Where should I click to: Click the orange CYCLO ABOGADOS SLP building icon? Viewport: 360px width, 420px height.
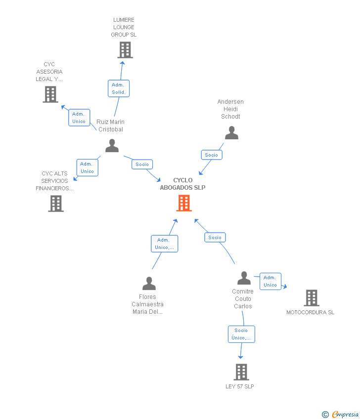point(184,203)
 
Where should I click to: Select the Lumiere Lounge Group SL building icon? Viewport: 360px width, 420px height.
point(125,50)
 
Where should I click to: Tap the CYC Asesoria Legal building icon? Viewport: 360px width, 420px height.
point(50,94)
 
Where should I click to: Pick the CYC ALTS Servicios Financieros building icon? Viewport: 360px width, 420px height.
point(56,204)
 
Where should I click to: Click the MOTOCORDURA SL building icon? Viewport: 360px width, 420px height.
point(312,298)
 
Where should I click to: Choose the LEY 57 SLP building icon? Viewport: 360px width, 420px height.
point(241,372)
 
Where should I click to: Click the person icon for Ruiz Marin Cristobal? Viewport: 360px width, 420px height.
point(112,145)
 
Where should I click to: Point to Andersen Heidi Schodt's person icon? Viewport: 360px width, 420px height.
point(231,133)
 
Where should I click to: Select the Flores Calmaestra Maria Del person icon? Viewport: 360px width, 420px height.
point(149,284)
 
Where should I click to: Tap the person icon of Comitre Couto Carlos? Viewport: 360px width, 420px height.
point(244,278)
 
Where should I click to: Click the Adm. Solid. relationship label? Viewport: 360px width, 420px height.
point(119,88)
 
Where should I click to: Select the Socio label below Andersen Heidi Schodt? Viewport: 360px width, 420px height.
point(212,155)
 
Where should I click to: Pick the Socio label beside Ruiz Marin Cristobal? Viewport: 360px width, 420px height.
point(142,164)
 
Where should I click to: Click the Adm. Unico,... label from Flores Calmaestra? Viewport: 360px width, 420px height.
point(165,244)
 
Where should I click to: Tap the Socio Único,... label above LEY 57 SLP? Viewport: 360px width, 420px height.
point(241,335)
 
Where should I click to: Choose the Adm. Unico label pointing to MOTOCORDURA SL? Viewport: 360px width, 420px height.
point(270,281)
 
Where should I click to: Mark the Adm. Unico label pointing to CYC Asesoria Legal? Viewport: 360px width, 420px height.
point(79,118)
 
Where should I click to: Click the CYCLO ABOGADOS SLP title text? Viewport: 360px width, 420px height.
point(183,184)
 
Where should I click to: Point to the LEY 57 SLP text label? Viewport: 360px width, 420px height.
point(240,386)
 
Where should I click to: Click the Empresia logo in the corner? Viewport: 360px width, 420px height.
point(340,415)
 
